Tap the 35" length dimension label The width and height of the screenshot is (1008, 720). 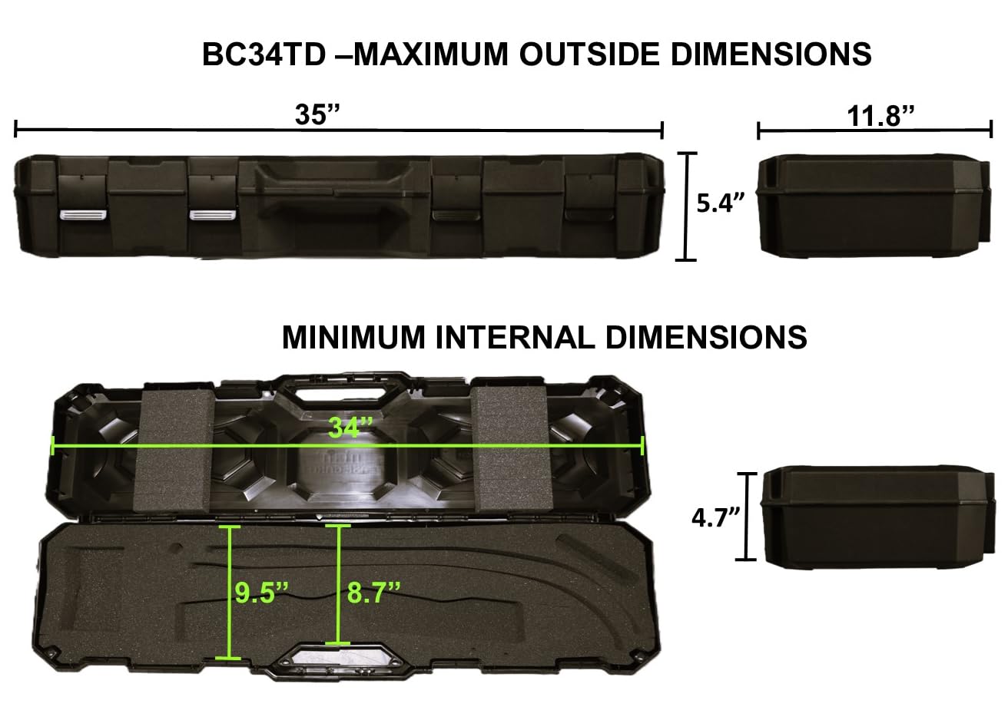(318, 115)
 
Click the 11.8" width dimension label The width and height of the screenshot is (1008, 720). (881, 116)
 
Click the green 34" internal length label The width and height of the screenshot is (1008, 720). (350, 428)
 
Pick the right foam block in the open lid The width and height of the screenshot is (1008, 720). (509, 450)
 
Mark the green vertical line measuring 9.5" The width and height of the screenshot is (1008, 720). (230, 592)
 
